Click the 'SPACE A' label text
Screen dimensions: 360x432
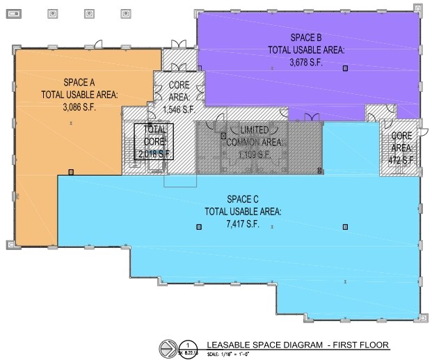pyautogui.click(x=80, y=81)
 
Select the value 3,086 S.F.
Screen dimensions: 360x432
pyautogui.click(x=80, y=108)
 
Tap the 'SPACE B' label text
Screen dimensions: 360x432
pyautogui.click(x=307, y=36)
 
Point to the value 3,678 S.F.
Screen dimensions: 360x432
pyautogui.click(x=307, y=63)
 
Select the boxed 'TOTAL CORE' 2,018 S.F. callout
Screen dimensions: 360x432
pyautogui.click(x=154, y=141)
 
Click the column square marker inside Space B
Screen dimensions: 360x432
pyautogui.click(x=344, y=68)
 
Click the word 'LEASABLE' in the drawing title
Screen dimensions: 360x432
pyautogui.click(x=230, y=345)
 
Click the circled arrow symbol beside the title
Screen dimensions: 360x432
pyautogui.click(x=168, y=346)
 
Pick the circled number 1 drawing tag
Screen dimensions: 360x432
pyautogui.click(x=187, y=345)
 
